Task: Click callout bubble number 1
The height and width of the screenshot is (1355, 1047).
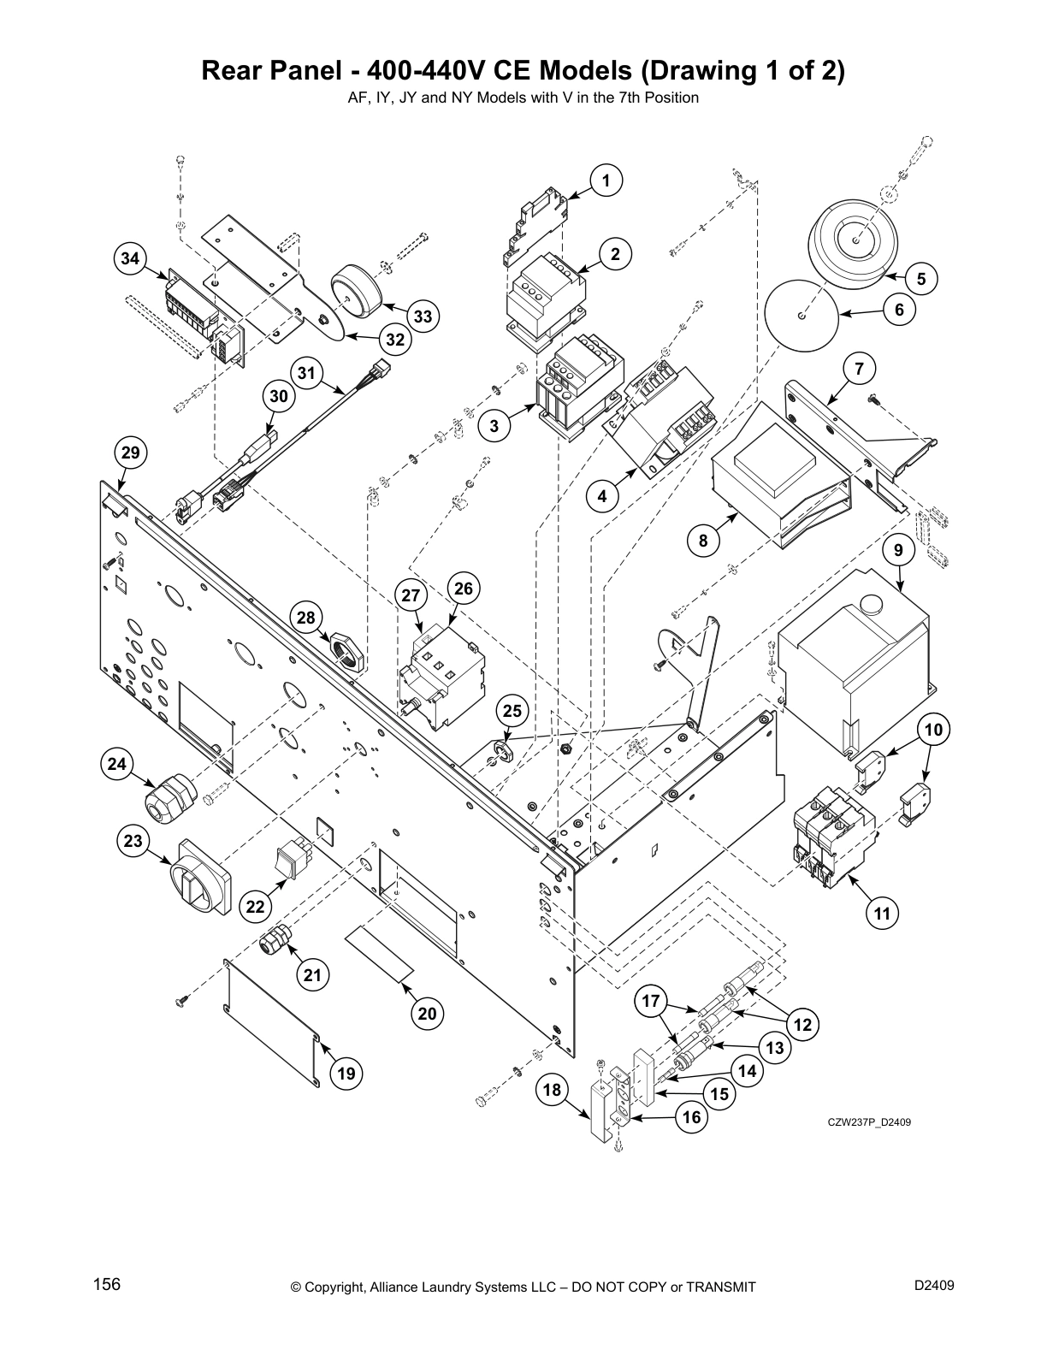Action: [606, 180]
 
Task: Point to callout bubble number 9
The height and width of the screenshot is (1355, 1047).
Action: [898, 551]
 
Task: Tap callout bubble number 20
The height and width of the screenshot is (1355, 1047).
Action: [428, 1014]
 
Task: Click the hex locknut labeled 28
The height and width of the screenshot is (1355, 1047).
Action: [346, 650]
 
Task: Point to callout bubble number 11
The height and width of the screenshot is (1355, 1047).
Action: [882, 914]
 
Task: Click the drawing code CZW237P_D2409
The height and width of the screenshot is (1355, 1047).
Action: [868, 1122]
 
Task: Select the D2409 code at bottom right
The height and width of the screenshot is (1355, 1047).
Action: [934, 1285]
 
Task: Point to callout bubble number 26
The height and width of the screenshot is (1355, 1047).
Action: [463, 589]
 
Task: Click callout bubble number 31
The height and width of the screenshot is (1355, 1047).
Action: [307, 373]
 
